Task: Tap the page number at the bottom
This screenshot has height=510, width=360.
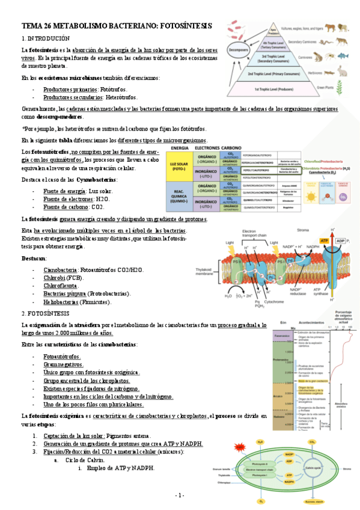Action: click(x=179, y=495)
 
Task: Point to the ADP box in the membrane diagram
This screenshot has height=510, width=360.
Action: click(x=340, y=241)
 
